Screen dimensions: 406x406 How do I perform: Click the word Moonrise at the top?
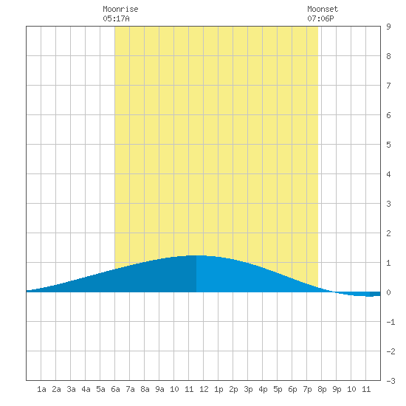pyautogui.click(x=120, y=9)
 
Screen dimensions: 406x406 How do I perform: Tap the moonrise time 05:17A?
pyautogui.click(x=116, y=18)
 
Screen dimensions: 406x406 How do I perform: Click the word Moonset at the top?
pyautogui.click(x=323, y=9)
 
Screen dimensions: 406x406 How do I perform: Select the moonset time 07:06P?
pyautogui.click(x=320, y=18)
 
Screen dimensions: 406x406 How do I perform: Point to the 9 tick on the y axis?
pyautogui.click(x=388, y=27)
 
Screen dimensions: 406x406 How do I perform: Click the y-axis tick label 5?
pyautogui.click(x=388, y=145)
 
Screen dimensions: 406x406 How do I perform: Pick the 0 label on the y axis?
pyautogui.click(x=388, y=292)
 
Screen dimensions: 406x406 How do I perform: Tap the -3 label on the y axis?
pyautogui.click(x=390, y=381)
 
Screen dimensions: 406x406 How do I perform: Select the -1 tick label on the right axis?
pyautogui.click(x=390, y=322)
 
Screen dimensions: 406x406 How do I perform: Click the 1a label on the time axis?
pyautogui.click(x=41, y=389)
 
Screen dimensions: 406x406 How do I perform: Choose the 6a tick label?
pyautogui.click(x=115, y=389)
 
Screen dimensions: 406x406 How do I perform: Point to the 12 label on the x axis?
pyautogui.click(x=204, y=389)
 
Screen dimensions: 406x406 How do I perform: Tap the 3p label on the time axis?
pyautogui.click(x=248, y=389)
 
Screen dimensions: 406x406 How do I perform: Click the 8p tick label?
pyautogui.click(x=322, y=389)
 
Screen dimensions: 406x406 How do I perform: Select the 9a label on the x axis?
pyautogui.click(x=159, y=389)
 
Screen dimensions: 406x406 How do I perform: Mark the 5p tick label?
pyautogui.click(x=278, y=389)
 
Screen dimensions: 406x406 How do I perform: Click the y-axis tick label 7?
pyautogui.click(x=388, y=86)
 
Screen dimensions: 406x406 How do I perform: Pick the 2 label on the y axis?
pyautogui.click(x=388, y=233)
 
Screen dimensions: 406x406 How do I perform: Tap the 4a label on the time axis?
pyautogui.click(x=86, y=389)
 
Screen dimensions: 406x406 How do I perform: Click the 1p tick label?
pyautogui.click(x=219, y=389)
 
